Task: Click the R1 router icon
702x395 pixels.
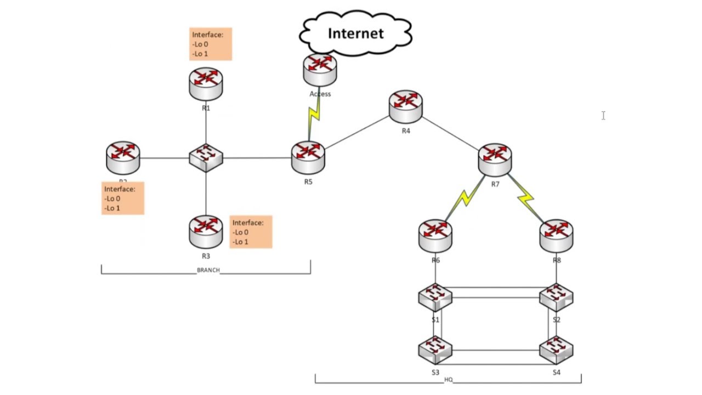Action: [x=206, y=83]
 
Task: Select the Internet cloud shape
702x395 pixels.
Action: [x=355, y=34]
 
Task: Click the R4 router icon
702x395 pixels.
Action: [x=406, y=106]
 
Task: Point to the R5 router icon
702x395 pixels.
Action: [x=308, y=157]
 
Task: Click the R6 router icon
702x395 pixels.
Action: [x=435, y=235]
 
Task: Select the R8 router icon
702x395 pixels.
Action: [x=556, y=235]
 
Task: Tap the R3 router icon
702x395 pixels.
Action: [x=206, y=231]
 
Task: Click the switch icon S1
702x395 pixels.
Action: [x=435, y=298]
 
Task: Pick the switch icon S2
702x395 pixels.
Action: [x=556, y=298]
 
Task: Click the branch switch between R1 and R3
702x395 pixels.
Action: [x=206, y=158]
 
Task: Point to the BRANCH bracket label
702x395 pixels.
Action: [x=208, y=270]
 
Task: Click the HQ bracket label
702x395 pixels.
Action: [x=449, y=380]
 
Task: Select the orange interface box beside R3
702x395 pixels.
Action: [x=251, y=232]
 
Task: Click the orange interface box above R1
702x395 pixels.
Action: [x=211, y=44]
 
